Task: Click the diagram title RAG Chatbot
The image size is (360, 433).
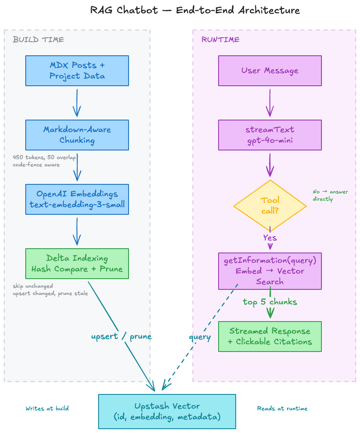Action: coord(195,10)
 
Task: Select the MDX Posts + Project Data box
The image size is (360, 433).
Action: coord(77,71)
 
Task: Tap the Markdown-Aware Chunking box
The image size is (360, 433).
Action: coord(77,135)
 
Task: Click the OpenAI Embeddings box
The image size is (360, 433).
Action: coord(77,199)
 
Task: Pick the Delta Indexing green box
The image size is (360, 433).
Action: coord(77,264)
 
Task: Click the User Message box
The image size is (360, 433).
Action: coord(270,71)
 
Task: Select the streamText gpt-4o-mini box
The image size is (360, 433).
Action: coord(270,135)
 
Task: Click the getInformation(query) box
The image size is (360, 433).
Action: coord(270,271)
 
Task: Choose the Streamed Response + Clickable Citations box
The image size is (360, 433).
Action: coord(270,337)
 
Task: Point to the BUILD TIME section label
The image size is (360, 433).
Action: coord(38,40)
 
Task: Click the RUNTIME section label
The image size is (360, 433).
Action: coord(220,40)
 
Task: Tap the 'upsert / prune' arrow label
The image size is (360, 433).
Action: coord(121,337)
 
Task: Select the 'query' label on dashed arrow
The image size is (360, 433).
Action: coord(200,337)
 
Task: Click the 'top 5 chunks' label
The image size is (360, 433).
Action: coord(270,302)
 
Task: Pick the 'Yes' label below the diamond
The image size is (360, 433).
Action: coord(270,238)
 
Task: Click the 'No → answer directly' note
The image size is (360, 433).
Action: coord(330,195)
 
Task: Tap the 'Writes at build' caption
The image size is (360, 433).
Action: coord(47,409)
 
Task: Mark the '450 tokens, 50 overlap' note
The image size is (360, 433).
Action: coord(44,157)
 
